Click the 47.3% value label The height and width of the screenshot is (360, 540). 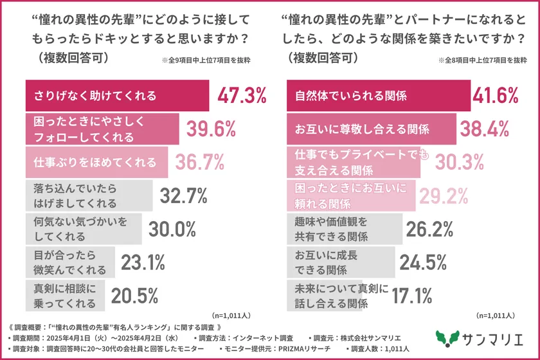(242, 96)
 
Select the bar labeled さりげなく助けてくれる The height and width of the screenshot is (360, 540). (116, 96)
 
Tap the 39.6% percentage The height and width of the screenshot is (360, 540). (212, 129)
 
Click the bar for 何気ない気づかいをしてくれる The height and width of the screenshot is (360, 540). (84, 228)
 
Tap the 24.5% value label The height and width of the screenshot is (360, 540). (423, 262)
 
